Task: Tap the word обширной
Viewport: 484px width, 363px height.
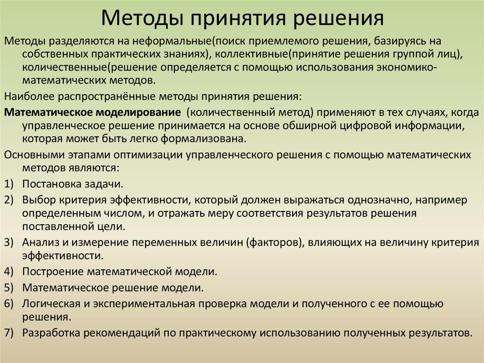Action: pos(308,126)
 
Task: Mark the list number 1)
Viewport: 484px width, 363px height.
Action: pos(9,184)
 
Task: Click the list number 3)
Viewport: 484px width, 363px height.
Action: pos(9,243)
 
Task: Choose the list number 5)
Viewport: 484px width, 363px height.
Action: pos(9,288)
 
